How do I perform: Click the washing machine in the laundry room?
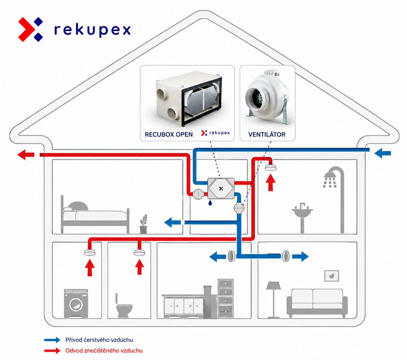coord(76,303)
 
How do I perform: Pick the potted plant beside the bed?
coord(144,224)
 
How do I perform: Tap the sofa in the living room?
coord(317,303)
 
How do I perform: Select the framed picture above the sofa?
coord(332,276)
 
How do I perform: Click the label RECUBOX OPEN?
coord(169,135)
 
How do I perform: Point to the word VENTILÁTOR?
coord(267,134)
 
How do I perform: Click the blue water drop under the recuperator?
coord(210,203)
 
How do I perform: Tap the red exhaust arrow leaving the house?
coord(26,155)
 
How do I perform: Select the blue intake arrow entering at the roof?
coord(383,153)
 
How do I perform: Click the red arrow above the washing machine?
coord(90,268)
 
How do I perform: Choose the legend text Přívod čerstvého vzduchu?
coord(99,340)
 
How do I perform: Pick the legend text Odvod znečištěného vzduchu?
coord(104,351)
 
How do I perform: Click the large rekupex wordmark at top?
coord(93,31)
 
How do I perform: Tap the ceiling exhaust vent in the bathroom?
coord(271,167)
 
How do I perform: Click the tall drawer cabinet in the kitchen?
coord(226,298)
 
